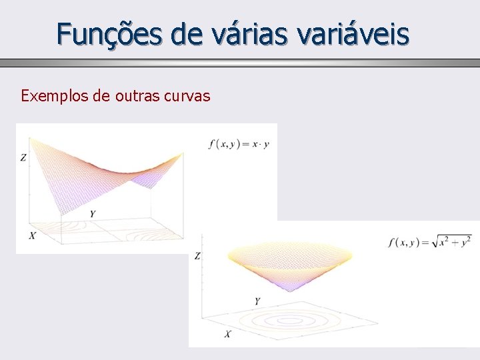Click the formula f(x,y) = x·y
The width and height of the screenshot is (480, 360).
click(239, 143)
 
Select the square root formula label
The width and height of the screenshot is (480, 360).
click(429, 241)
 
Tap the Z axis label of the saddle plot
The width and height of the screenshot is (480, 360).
click(23, 158)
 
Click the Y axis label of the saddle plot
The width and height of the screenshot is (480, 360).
click(92, 214)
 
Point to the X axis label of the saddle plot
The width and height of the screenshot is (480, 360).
click(33, 235)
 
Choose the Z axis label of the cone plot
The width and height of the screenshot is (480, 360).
click(197, 256)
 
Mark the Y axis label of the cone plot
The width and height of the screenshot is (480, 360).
click(257, 301)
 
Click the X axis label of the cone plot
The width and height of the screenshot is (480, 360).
click(227, 333)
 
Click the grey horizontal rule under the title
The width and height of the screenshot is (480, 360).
click(240, 63)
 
